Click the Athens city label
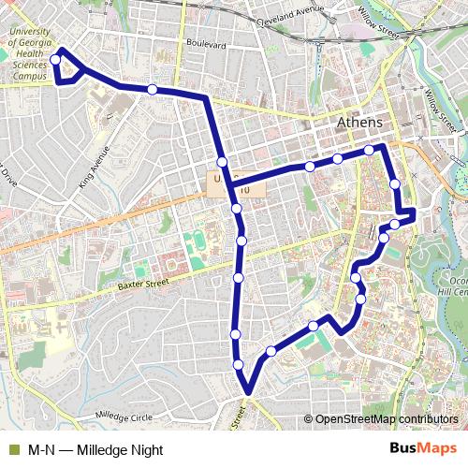359,124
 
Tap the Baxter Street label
143,282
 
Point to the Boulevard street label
206,44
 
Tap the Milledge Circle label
123,416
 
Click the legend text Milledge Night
103,449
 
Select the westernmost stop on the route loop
55,60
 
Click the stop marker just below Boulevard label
153,89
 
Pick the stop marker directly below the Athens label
370,150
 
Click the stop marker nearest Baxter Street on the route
239,278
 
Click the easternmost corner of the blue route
414,216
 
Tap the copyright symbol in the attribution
308,420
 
